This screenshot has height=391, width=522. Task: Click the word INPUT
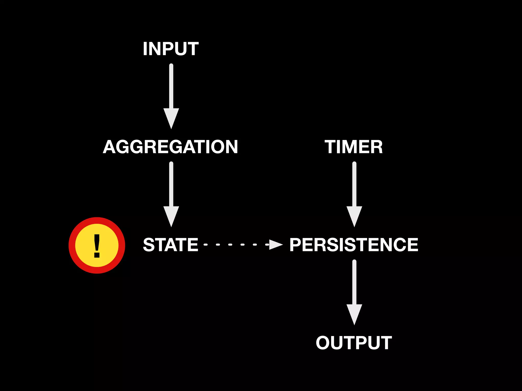171,49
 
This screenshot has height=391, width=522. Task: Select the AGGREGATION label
170,147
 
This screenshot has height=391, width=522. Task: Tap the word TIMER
354,147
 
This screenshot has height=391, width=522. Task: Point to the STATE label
171,245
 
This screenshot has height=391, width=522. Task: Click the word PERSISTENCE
354,245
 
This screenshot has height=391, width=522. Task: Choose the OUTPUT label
354,343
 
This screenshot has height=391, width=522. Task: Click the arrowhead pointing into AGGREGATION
171,117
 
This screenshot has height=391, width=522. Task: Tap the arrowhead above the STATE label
171,215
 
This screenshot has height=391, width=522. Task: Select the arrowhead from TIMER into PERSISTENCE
354,215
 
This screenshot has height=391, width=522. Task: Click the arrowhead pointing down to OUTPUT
354,313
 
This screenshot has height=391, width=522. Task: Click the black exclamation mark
97,245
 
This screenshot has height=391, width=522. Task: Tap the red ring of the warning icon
72,245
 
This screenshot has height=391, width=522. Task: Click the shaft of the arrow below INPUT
171,87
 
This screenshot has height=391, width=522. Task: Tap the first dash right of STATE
206,245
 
